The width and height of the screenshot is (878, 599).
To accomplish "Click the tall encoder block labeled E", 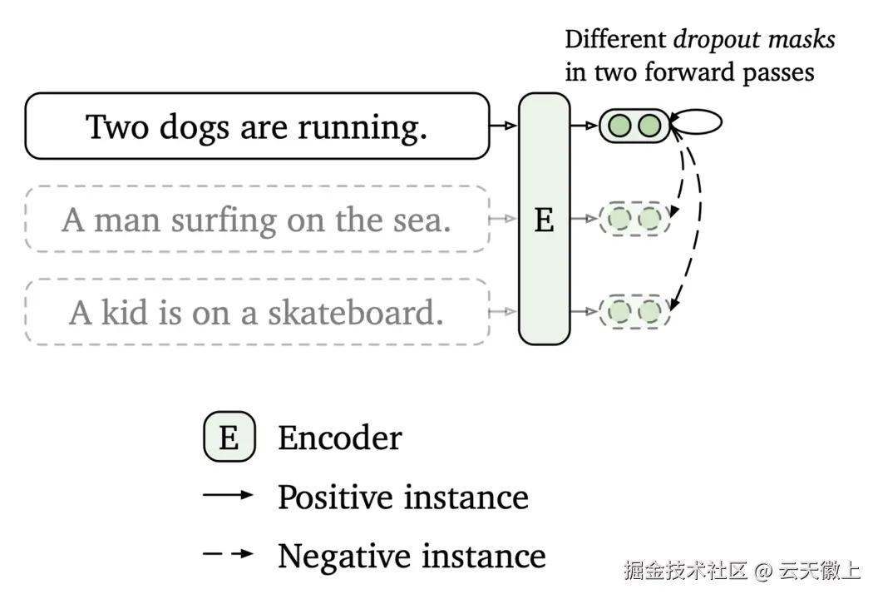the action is pyautogui.click(x=544, y=219).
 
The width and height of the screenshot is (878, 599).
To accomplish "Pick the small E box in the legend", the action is pyautogui.click(x=229, y=438).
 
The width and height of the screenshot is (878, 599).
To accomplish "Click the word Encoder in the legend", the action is pyautogui.click(x=340, y=438).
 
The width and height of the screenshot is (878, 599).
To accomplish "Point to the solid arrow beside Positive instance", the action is pyautogui.click(x=228, y=496).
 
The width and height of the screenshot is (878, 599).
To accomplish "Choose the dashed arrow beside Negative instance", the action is pyautogui.click(x=228, y=554).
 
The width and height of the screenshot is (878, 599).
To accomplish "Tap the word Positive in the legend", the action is pyautogui.click(x=336, y=498).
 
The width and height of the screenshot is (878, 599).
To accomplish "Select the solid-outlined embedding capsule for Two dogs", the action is pyautogui.click(x=634, y=126).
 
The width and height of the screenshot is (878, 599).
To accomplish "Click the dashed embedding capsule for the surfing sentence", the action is pyautogui.click(x=634, y=220).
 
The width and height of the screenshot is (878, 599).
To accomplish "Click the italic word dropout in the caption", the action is pyautogui.click(x=713, y=39).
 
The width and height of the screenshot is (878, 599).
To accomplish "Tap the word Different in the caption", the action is pyautogui.click(x=616, y=39).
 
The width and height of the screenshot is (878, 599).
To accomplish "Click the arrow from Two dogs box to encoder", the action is pyautogui.click(x=504, y=126).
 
